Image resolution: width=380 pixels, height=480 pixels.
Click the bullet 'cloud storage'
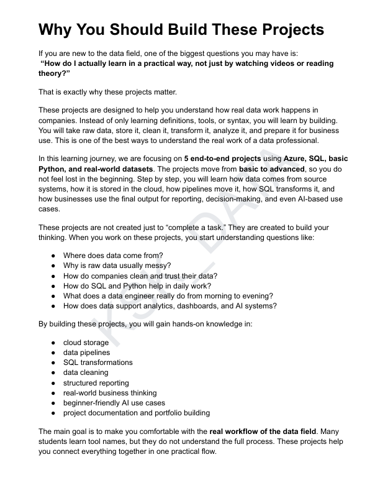click(86, 343)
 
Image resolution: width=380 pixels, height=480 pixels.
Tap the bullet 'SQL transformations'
click(97, 362)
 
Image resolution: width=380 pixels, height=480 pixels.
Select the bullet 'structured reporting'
click(96, 382)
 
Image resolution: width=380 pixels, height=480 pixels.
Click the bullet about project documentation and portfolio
click(136, 412)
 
